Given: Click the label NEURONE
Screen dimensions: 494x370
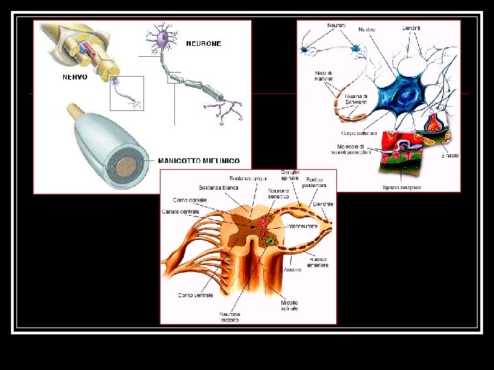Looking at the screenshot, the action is pyautogui.click(x=204, y=43).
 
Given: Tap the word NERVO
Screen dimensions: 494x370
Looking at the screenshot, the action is pyautogui.click(x=75, y=77).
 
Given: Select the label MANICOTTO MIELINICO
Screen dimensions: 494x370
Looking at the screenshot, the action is pyautogui.click(x=199, y=161).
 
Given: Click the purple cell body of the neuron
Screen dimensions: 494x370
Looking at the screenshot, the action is pyautogui.click(x=163, y=38).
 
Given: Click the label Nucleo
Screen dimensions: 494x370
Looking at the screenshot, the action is pyautogui.click(x=367, y=29).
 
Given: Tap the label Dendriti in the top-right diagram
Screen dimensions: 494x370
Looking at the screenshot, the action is pyautogui.click(x=412, y=28).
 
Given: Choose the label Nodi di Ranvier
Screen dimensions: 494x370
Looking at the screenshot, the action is pyautogui.click(x=324, y=76).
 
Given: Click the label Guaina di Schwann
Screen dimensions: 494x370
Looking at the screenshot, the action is pyautogui.click(x=355, y=99).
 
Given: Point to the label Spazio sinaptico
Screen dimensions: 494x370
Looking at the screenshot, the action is pyautogui.click(x=402, y=187).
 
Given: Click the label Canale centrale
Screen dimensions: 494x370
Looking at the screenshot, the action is pyautogui.click(x=180, y=211).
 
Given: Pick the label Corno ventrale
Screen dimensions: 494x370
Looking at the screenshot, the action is pyautogui.click(x=196, y=295).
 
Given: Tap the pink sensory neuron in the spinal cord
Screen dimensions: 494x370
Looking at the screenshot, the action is pyautogui.click(x=261, y=223).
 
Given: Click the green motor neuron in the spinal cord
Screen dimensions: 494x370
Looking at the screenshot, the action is pyautogui.click(x=270, y=241).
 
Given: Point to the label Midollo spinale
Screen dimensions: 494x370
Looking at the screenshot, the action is pyautogui.click(x=290, y=306).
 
